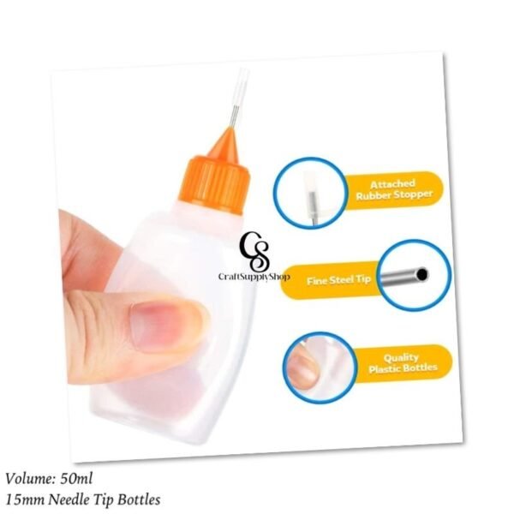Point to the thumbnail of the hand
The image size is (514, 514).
[162, 327]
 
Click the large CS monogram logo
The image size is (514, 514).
[254, 251]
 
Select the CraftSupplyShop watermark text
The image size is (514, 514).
[254, 277]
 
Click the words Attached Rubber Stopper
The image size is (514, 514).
[394, 189]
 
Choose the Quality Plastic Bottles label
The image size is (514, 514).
[403, 363]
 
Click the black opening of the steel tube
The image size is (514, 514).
[422, 274]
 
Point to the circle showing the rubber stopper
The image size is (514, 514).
[310, 194]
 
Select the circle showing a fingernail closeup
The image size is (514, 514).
[320, 368]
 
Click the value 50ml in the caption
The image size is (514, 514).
[76, 479]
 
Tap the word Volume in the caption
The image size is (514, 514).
[30, 479]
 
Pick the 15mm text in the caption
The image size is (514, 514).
[25, 500]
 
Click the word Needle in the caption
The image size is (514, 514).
[69, 500]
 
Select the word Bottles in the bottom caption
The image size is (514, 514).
[139, 500]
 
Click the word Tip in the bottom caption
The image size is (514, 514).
[103, 500]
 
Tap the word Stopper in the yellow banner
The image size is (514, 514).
[413, 194]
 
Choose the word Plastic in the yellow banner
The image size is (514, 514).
[384, 368]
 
